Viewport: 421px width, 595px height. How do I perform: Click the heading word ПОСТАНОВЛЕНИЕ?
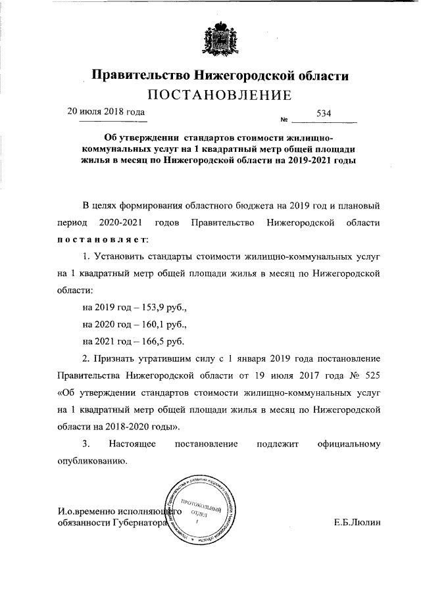point(219,95)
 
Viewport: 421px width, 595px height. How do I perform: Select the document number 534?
point(324,113)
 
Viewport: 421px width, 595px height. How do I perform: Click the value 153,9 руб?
point(165,306)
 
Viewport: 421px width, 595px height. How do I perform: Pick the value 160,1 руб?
point(165,323)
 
